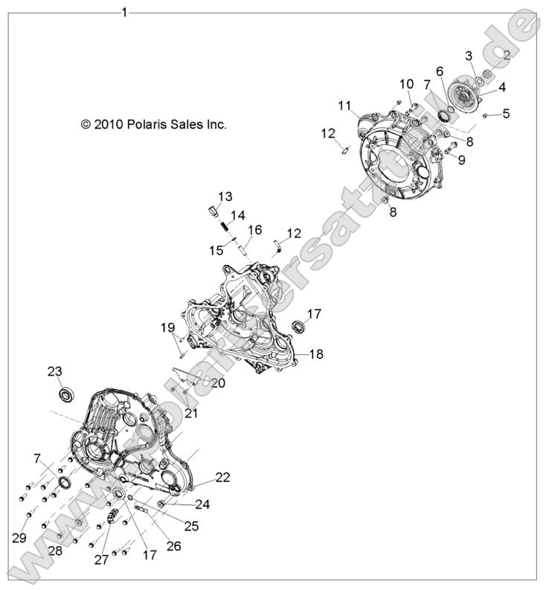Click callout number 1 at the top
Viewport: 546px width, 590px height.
tap(124, 11)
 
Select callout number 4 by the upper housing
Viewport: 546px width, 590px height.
tap(502, 87)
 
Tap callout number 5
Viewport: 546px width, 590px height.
tap(507, 114)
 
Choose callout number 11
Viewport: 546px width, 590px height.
tap(344, 106)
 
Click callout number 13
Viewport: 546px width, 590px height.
tap(225, 197)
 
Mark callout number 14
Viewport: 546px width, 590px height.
tap(238, 216)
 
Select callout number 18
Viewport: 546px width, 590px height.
tap(316, 355)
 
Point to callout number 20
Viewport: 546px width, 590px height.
tap(217, 382)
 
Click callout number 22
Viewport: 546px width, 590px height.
tap(222, 477)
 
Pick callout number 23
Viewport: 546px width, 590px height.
tap(55, 371)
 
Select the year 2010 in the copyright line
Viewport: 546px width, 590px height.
tap(106, 125)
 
